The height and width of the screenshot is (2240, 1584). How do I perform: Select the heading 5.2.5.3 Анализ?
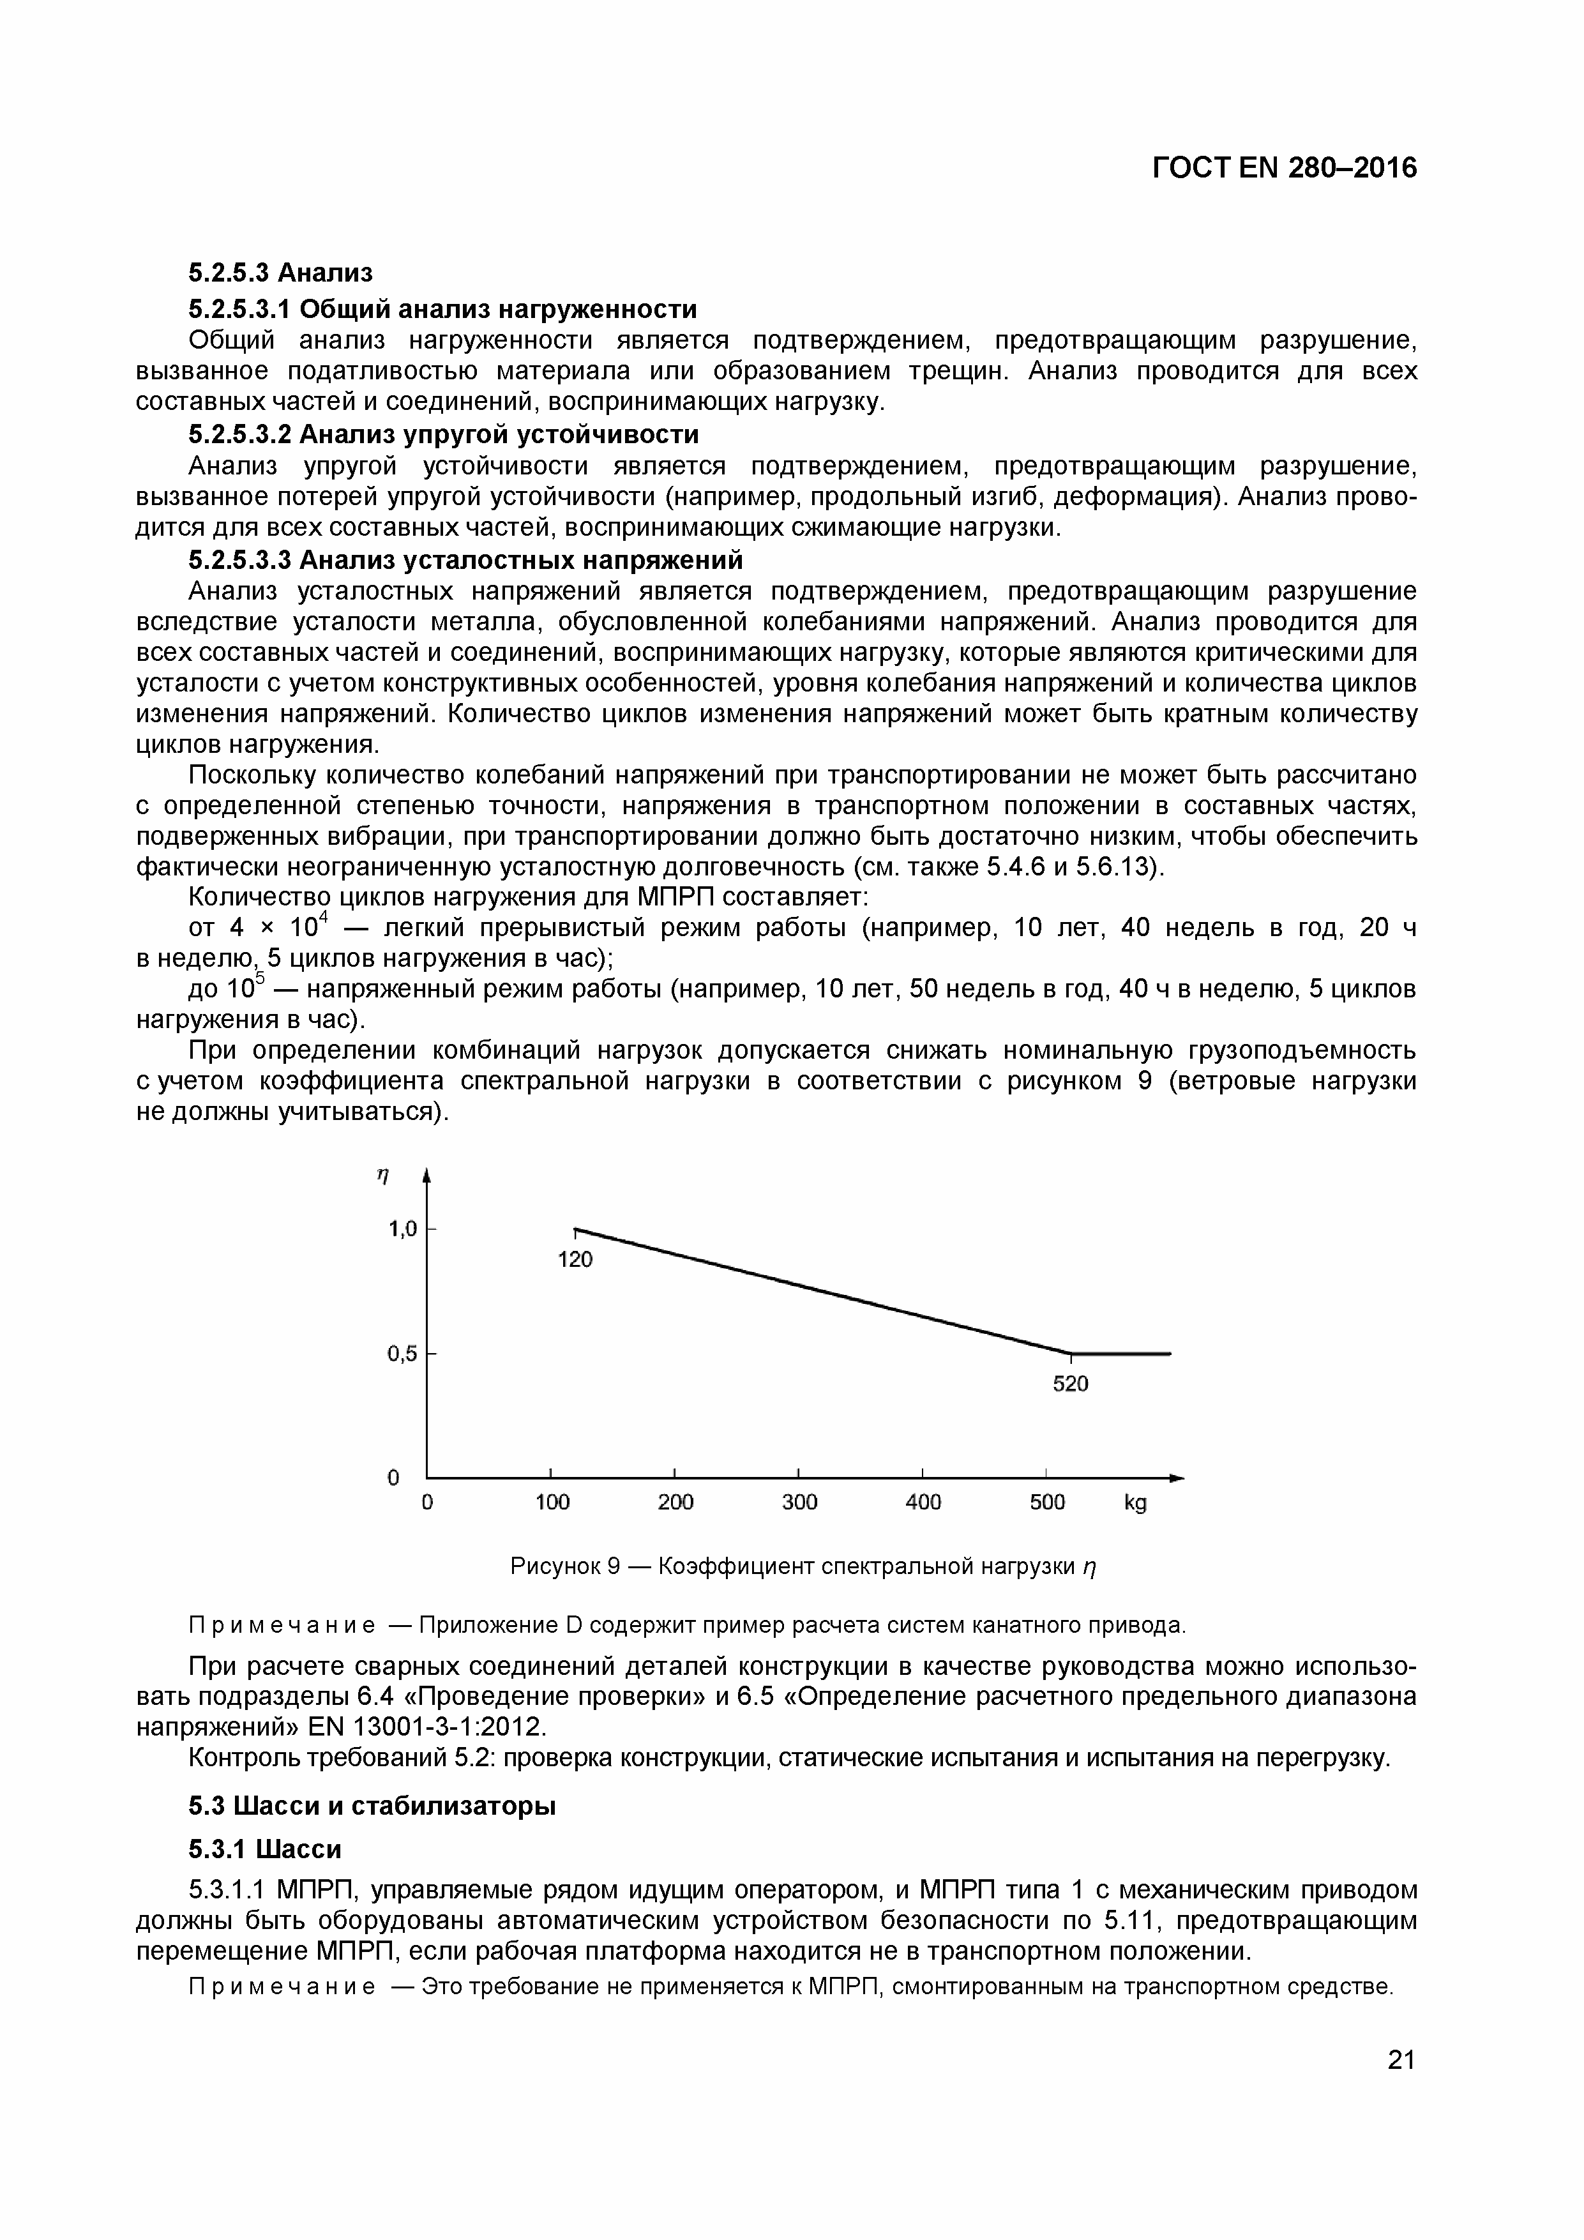pos(280,272)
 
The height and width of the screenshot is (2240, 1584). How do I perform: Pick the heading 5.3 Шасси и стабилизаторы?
pos(372,1806)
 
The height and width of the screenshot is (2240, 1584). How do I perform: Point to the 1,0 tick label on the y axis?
pos(402,1229)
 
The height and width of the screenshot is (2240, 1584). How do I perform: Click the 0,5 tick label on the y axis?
pos(402,1354)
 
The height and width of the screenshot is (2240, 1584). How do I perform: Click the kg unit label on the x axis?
pos(1135,1503)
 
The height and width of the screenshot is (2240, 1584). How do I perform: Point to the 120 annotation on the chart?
pos(575,1259)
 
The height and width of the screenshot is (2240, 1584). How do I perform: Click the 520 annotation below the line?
pos(1070,1384)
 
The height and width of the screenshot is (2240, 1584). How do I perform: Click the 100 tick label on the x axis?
pos(552,1502)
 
